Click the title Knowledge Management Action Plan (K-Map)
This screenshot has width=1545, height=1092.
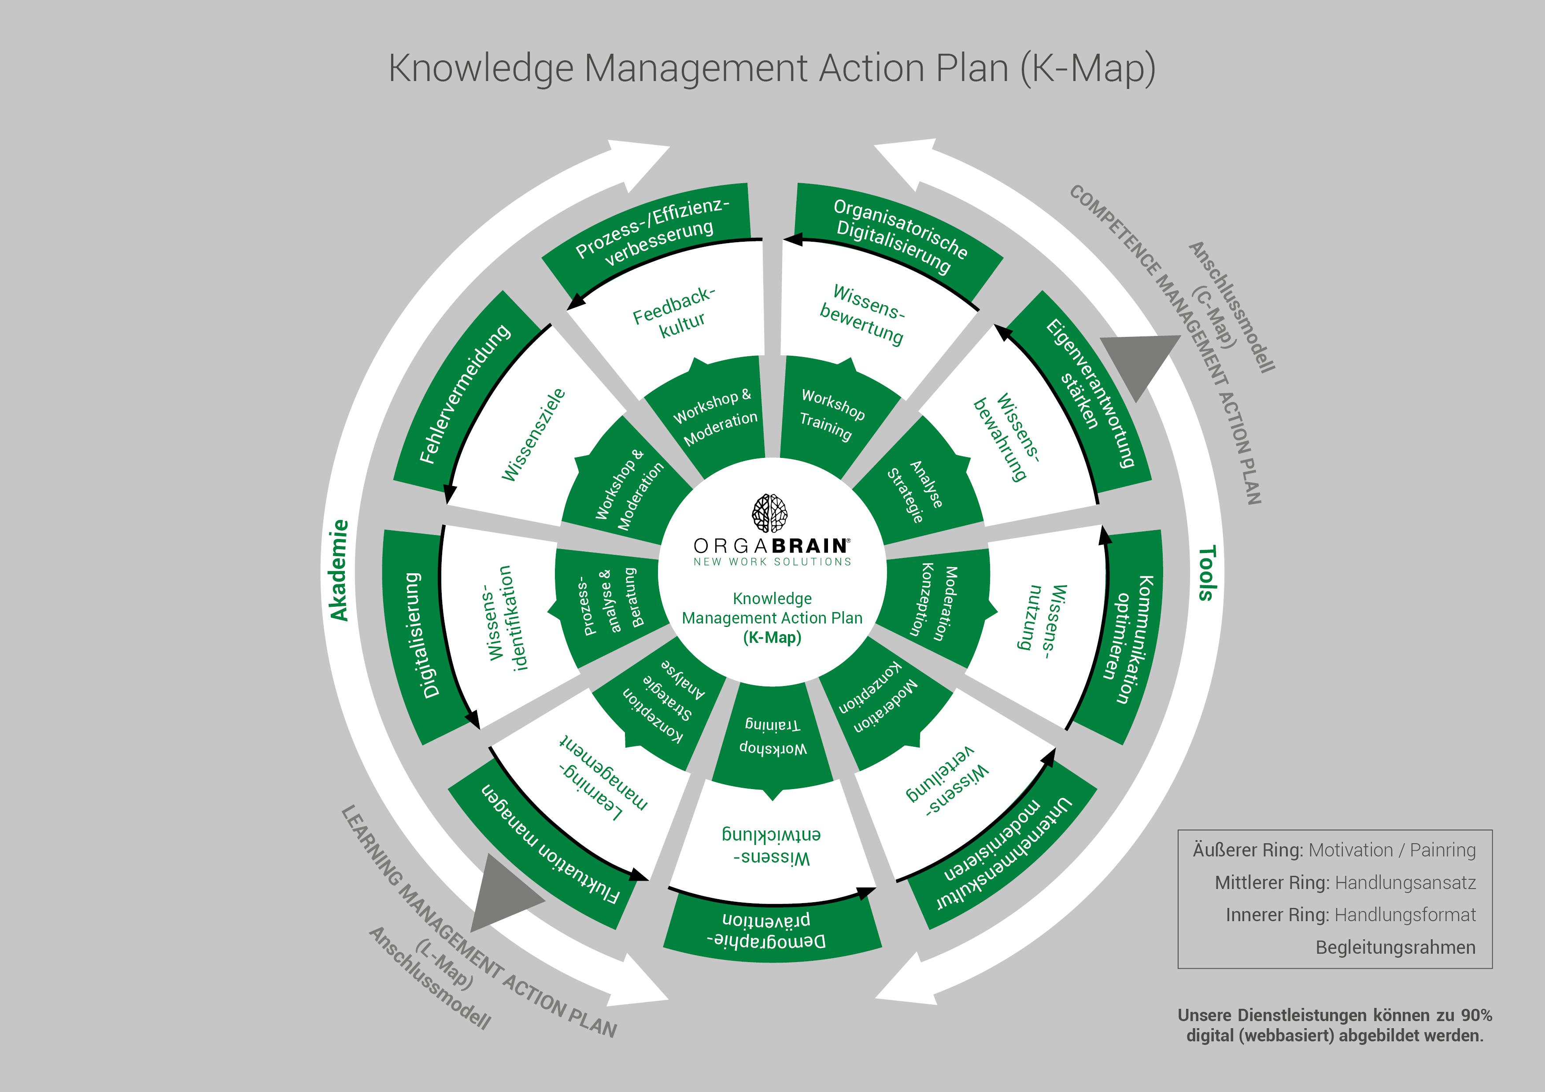point(772,69)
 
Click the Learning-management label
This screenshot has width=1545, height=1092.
point(602,778)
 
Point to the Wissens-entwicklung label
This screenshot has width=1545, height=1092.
point(771,846)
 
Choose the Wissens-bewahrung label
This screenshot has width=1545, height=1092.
point(1007,437)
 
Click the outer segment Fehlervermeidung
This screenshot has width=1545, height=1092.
point(464,394)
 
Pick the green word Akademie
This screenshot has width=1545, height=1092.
point(339,570)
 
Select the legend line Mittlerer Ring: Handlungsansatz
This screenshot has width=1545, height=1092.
point(1345,883)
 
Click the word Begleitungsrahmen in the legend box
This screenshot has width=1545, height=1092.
point(1395,947)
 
